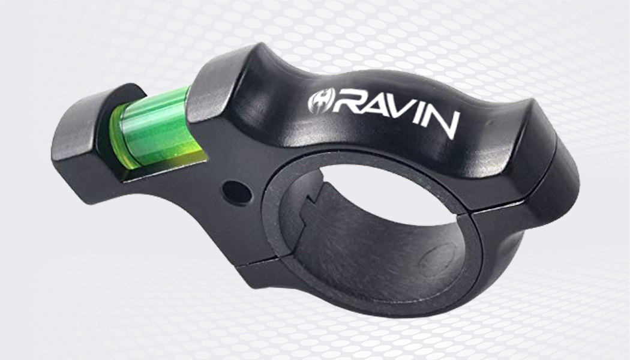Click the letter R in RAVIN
click(x=348, y=106)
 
